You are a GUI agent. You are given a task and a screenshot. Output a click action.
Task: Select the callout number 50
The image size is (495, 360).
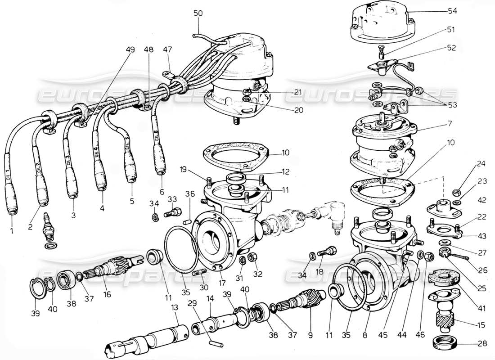(x=198, y=13)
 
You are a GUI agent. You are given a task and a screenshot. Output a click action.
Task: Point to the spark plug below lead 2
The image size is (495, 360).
(x=47, y=227)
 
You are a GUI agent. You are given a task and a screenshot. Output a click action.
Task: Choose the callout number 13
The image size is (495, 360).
(x=174, y=306)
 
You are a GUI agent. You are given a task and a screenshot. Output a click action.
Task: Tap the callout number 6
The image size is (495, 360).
(x=162, y=191)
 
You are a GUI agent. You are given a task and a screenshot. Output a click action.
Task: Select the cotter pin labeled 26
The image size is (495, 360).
(x=460, y=257)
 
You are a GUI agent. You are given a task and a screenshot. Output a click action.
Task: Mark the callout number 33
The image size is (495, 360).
(x=172, y=199)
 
